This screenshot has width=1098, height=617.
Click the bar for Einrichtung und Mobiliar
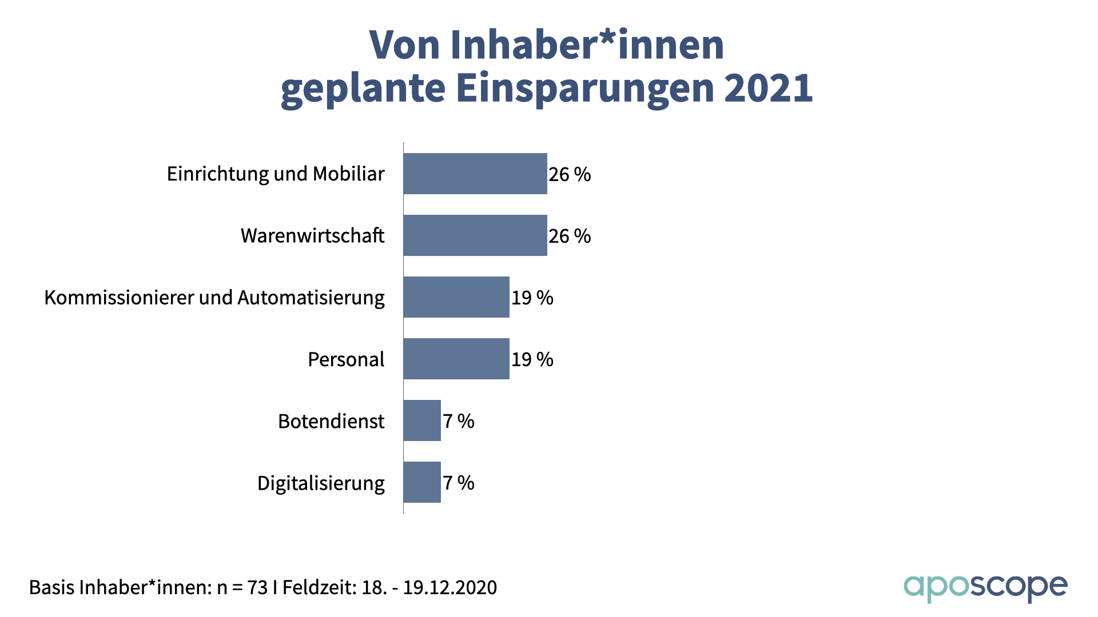(x=475, y=174)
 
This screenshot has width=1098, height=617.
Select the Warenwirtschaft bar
(x=475, y=235)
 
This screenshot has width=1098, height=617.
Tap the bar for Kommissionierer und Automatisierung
(x=456, y=297)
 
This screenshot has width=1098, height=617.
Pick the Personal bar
(x=456, y=359)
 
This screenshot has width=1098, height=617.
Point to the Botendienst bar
(x=422, y=420)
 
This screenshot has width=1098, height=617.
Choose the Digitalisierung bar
(x=422, y=482)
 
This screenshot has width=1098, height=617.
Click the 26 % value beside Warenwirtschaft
(x=570, y=236)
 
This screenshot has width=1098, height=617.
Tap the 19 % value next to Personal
(x=532, y=359)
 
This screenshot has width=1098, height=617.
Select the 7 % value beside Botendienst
(x=459, y=421)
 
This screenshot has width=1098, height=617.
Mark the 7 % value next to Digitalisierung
(x=459, y=483)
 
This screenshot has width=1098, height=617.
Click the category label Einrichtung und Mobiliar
(x=276, y=174)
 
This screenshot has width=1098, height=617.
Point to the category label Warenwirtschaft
(x=312, y=235)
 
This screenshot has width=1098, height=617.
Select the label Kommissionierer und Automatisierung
(x=214, y=298)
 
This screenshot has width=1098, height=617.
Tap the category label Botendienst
(x=331, y=421)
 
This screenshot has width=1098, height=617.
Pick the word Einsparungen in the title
(x=584, y=89)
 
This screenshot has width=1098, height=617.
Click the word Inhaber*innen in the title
(x=587, y=45)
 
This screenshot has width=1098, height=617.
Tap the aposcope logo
(x=985, y=587)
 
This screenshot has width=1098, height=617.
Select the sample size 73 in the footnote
(x=257, y=587)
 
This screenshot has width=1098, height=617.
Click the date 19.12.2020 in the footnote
(x=450, y=587)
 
